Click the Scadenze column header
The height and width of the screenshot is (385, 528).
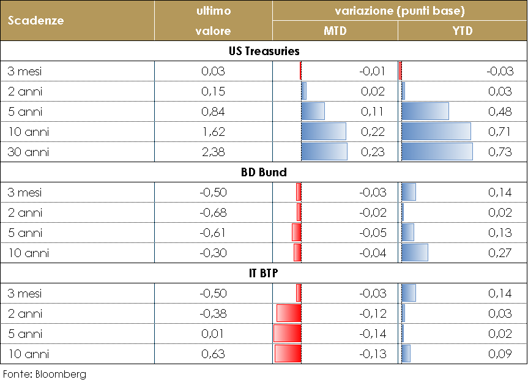click(36, 20)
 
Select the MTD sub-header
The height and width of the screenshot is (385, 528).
click(335, 31)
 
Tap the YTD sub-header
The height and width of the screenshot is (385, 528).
click(463, 31)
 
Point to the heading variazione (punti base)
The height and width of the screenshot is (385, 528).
click(400, 11)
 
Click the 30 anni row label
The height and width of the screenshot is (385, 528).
click(28, 152)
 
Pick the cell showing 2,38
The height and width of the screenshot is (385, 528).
click(213, 152)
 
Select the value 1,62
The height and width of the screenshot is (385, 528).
click(213, 132)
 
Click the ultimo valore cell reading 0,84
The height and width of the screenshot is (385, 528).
click(213, 111)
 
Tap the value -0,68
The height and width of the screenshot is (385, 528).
click(213, 212)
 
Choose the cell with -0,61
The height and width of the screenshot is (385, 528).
click(213, 233)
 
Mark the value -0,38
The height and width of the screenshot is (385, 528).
click(213, 313)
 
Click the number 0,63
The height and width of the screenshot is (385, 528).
click(213, 354)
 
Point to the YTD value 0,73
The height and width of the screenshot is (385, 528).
click(500, 152)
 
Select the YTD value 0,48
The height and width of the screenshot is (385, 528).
click(500, 111)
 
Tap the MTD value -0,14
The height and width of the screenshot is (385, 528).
click(373, 334)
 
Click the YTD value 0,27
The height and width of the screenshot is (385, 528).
click(500, 253)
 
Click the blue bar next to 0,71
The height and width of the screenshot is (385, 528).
click(436, 132)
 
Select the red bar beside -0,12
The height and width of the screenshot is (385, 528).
click(289, 313)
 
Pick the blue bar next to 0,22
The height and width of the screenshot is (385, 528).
click(324, 132)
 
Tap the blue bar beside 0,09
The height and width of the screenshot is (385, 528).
click(406, 354)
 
